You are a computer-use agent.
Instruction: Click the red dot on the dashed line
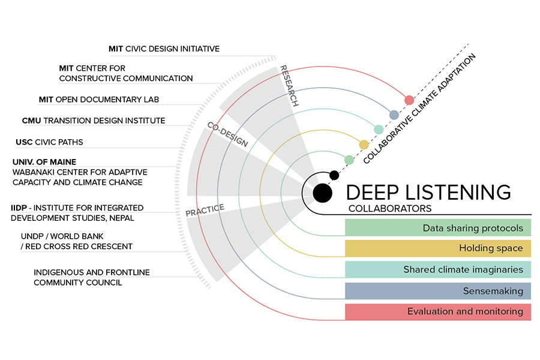409,100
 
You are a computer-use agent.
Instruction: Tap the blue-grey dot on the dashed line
394,115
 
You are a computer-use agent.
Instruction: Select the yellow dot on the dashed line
364,145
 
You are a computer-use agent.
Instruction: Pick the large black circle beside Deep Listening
322,192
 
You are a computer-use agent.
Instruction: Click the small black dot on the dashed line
335,175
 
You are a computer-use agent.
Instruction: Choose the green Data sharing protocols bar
437,228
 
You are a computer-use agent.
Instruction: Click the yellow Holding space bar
437,248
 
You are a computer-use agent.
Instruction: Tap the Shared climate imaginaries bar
437,269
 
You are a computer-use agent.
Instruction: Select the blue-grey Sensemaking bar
437,291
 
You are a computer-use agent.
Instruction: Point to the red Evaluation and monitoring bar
437,311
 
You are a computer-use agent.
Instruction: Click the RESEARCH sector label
289,85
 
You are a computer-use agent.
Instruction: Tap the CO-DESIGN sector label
228,135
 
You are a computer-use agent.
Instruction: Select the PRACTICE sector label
205,211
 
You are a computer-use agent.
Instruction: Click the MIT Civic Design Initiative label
164,49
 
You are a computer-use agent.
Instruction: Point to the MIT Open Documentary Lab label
107,99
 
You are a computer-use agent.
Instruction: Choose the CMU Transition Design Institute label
93,121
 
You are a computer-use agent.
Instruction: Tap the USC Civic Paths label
49,142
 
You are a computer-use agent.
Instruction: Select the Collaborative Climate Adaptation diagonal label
420,108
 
